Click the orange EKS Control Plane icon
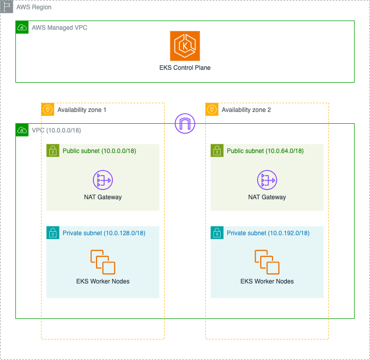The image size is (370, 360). [185, 46]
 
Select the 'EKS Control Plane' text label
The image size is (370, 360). [185, 68]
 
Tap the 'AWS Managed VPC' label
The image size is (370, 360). [60, 27]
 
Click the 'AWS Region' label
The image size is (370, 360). [34, 7]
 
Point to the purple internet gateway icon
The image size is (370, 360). [185, 124]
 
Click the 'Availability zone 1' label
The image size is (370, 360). [82, 109]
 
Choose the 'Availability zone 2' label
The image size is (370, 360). [246, 109]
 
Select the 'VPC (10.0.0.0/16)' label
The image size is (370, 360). [56, 130]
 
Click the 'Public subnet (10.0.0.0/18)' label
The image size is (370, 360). [99, 151]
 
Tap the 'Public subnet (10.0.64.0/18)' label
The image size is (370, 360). [265, 151]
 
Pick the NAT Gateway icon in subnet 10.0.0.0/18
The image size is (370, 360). [103, 180]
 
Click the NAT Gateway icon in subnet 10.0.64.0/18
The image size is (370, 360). [267, 180]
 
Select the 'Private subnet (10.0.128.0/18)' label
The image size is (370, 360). [104, 233]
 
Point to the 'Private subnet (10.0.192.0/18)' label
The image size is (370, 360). [268, 233]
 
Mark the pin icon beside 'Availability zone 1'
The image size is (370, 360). [48, 109]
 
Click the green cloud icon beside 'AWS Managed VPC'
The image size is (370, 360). [22, 27]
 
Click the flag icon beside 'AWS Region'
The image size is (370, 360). [7, 7]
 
